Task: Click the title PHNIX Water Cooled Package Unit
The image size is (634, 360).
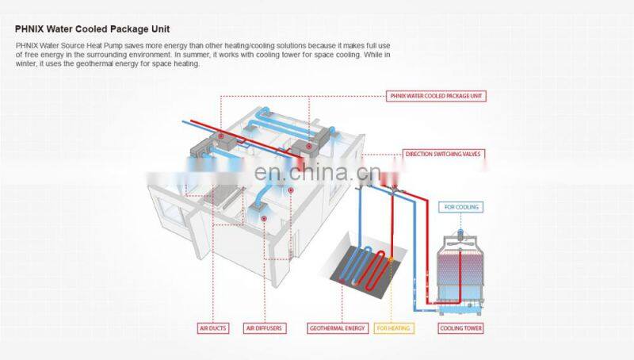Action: (x=92, y=29)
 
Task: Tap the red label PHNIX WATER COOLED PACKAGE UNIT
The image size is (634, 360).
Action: (x=436, y=96)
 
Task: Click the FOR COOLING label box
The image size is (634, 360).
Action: (x=461, y=207)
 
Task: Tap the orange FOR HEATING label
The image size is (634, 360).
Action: (x=394, y=327)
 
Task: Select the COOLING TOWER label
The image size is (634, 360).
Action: (x=461, y=327)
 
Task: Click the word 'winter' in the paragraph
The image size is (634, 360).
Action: (x=25, y=64)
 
